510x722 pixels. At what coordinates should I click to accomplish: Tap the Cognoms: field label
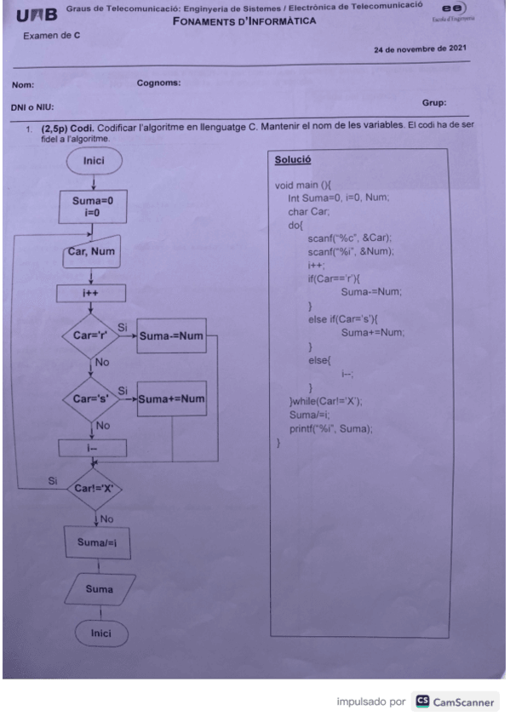[x=158, y=83]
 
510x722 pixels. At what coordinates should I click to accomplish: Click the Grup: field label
[x=434, y=102]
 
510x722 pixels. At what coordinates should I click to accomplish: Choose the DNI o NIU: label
[x=31, y=106]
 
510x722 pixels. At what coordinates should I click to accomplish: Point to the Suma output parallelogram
[x=97, y=588]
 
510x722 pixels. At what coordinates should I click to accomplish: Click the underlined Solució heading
[x=293, y=159]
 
